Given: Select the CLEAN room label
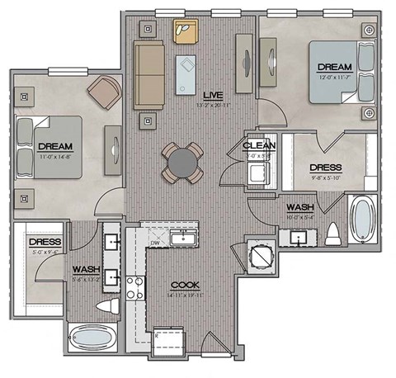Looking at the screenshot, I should (259, 145).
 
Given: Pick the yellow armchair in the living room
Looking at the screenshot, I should (182, 31).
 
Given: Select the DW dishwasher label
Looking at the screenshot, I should (154, 243).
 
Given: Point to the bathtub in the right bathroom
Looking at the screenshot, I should (361, 219).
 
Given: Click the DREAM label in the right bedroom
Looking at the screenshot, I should (335, 66).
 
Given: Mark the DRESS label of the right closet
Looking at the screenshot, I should (325, 167).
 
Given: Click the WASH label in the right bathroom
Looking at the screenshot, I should (299, 206).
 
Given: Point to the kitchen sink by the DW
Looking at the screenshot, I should (181, 239).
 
